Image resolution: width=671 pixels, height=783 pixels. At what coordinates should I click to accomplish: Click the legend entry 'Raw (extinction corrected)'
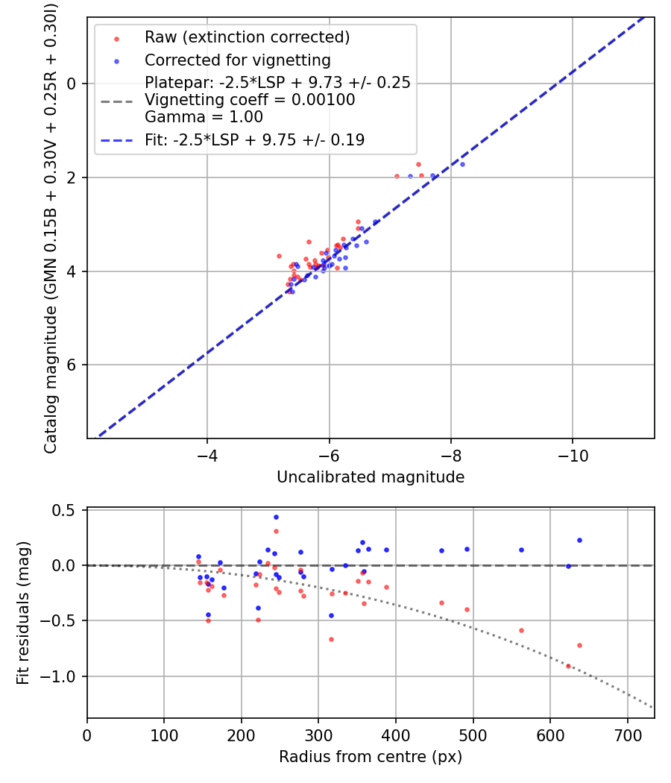pos(247,37)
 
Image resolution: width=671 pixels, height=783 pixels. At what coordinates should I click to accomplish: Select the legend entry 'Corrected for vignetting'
pos(237,60)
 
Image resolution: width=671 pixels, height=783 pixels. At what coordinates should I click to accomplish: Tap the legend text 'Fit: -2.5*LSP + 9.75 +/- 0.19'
pos(254,140)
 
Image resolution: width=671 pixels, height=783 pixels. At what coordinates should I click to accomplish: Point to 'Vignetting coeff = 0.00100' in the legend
pos(250,100)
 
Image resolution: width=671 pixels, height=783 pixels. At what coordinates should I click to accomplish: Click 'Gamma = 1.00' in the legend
pos(204,117)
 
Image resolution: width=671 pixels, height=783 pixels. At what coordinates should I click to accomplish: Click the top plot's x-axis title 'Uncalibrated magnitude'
pos(371,477)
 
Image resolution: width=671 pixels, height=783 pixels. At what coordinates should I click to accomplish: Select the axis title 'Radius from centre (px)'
pos(371,757)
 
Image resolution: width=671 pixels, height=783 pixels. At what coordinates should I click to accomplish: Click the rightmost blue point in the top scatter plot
pos(462,164)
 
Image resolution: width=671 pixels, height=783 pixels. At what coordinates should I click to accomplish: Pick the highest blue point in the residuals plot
pos(276,517)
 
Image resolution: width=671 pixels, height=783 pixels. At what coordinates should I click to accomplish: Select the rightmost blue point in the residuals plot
pos(579,540)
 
